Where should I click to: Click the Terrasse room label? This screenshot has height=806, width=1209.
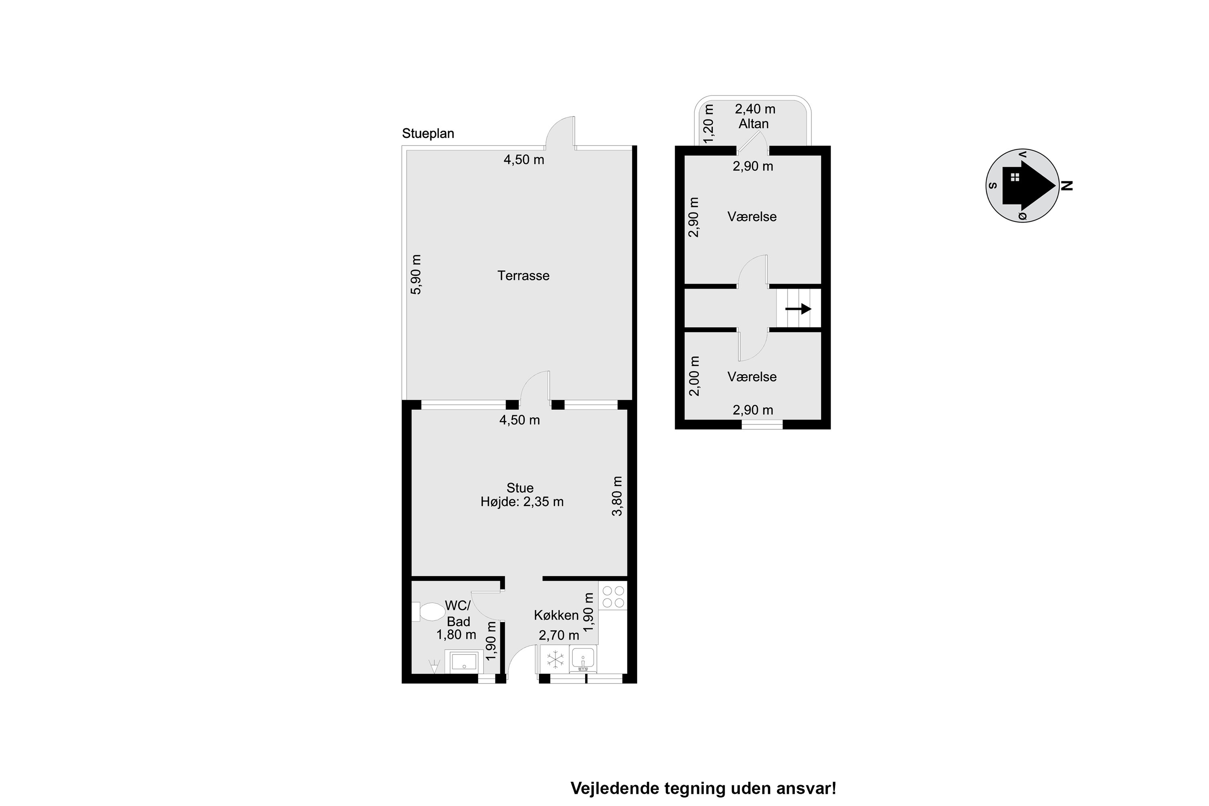coord(523,276)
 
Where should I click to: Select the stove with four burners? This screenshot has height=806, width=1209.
coord(613,595)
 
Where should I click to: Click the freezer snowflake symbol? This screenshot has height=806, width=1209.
coord(555,659)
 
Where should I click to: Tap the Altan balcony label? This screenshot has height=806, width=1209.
coord(754,124)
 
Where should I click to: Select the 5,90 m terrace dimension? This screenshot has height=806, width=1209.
coord(416,274)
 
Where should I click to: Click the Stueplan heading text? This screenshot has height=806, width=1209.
coord(428,134)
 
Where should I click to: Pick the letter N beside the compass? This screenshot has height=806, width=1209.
coord(1067,185)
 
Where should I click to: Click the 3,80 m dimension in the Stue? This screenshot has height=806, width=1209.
coord(617,496)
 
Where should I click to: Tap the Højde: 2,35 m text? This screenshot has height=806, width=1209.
coord(522,502)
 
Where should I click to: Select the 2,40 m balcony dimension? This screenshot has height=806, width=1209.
coord(755,109)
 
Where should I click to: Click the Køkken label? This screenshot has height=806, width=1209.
coord(556,615)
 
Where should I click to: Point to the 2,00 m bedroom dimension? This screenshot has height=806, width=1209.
coord(694,376)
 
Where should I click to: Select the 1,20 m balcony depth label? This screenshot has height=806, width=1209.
coord(709,124)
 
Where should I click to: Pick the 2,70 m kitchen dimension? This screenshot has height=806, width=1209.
coord(559,636)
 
